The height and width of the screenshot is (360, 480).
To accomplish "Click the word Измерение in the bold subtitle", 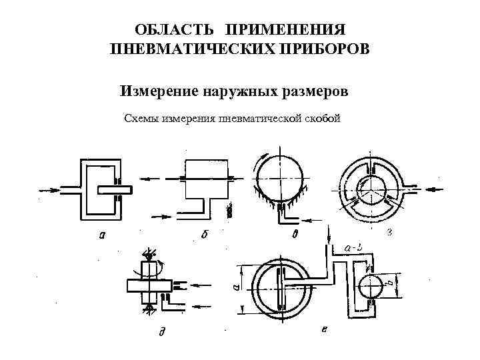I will pos(158,90).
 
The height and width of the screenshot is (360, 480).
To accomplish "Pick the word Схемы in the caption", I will pos(143,119).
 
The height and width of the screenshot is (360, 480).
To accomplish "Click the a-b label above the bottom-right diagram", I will pos(354,248).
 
